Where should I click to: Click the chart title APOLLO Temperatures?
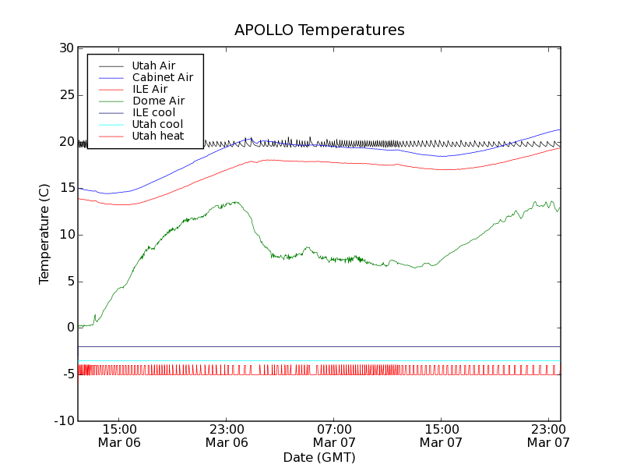point(319,30)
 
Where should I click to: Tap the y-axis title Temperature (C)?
point(44,235)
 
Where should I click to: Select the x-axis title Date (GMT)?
point(319,457)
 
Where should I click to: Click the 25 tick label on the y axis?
point(67,95)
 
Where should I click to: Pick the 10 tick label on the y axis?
point(67,235)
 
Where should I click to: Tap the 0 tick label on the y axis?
point(70,328)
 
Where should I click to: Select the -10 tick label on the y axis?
point(64,421)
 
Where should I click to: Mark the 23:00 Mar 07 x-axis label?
point(548,436)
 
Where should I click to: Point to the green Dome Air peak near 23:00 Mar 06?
point(236,203)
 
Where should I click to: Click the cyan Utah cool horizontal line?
point(311,361)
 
